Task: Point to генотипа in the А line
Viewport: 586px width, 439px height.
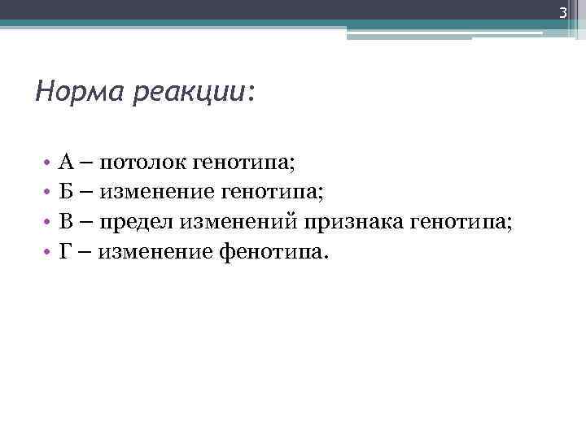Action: point(243,165)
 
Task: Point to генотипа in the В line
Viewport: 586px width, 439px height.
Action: point(461,224)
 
